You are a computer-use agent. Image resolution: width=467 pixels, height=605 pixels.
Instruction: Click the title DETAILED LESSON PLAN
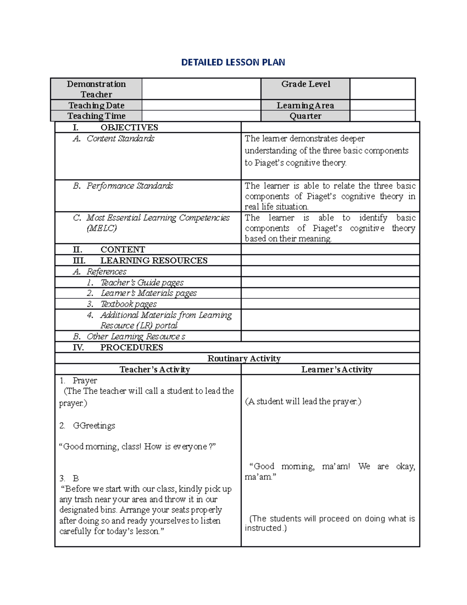233,62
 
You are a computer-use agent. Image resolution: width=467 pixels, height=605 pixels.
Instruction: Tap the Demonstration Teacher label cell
96,89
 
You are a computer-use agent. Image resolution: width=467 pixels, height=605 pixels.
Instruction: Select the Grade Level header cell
305,84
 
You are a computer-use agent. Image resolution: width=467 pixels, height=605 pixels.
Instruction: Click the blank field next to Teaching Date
201,105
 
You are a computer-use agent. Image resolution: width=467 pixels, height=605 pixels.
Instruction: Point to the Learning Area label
305,106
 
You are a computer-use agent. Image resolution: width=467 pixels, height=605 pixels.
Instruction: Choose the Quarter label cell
305,116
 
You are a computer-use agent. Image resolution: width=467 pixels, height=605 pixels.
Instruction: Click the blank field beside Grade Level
382,89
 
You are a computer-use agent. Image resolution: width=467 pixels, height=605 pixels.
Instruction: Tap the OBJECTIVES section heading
129,127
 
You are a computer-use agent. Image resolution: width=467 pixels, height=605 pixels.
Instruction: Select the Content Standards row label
120,139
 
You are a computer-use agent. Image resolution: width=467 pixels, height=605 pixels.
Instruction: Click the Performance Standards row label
130,186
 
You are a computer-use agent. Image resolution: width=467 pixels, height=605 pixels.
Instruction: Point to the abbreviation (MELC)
102,228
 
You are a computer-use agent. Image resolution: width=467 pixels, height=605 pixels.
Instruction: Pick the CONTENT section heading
122,250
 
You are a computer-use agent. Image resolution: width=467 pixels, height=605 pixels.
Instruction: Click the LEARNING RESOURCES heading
153,261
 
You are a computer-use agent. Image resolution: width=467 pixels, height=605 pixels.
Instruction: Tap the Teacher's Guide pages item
142,282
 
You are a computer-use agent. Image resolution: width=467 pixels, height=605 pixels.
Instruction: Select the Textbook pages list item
128,304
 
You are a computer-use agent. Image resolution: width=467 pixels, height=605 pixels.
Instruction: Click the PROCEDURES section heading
131,347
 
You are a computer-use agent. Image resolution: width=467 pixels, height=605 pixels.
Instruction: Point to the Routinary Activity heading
244,358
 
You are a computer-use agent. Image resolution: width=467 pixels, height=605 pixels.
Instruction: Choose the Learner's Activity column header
337,369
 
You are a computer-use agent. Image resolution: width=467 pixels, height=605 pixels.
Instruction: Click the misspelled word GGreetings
94,426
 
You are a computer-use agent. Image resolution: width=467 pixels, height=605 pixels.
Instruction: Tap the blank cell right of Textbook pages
330,304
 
